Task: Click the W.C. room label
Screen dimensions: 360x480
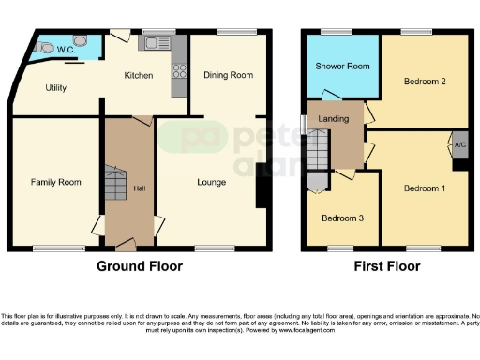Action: click(65, 49)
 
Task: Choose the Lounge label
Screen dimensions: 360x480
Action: click(211, 181)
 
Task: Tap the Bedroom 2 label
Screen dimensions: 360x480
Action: click(422, 82)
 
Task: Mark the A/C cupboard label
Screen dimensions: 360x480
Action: click(459, 145)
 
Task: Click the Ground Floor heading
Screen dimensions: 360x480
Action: click(141, 266)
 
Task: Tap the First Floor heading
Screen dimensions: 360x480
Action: click(386, 266)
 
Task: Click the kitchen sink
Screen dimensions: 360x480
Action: click(155, 43)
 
